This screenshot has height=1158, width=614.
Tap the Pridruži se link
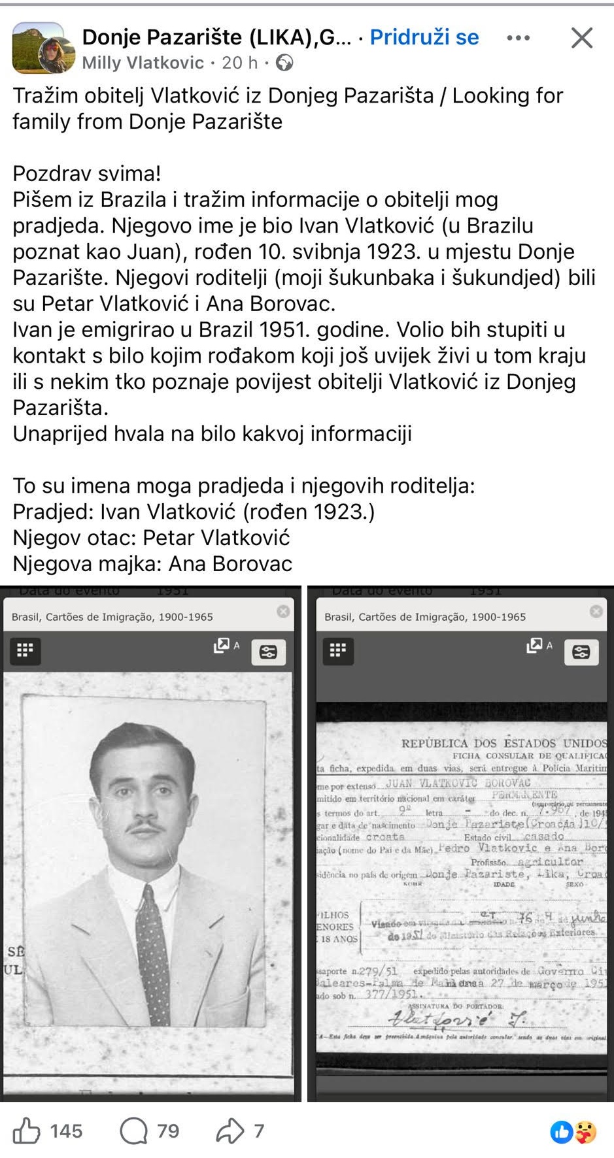[424, 37]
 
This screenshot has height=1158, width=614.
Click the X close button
[581, 38]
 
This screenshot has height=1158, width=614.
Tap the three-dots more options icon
[519, 38]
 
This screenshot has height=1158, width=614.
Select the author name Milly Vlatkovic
[143, 63]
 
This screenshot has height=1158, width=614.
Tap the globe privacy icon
[284, 63]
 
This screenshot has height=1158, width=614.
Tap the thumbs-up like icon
[27, 1131]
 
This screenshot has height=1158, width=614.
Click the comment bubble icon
[134, 1131]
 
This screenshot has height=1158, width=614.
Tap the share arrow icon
[230, 1131]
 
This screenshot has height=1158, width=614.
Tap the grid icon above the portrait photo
[25, 650]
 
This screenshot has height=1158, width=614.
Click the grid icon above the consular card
[338, 650]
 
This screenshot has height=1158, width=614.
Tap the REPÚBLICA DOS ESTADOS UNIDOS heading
[503, 743]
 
